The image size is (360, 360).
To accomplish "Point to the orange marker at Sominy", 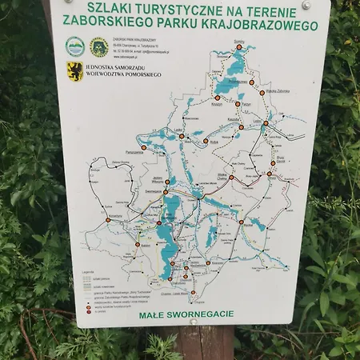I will [239, 49].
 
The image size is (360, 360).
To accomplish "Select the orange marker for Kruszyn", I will [217, 98].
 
